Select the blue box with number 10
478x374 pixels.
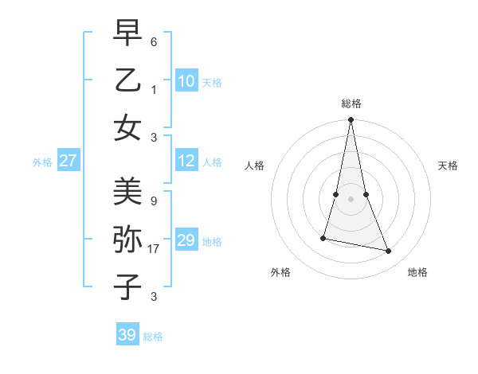point(186,81)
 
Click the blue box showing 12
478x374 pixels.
point(186,162)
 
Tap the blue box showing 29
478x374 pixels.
point(186,240)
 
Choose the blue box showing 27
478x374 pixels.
point(69,162)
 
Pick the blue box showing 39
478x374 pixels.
point(127,336)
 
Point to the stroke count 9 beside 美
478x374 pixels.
point(153,201)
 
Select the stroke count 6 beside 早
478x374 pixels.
point(153,41)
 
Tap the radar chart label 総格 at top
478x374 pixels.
point(351,103)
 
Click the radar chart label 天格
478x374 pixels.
point(448,166)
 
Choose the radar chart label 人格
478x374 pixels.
point(254,166)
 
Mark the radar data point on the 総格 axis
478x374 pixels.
point(351,120)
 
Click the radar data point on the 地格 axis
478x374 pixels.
point(389,251)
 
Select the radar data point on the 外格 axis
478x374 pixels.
point(323,238)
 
